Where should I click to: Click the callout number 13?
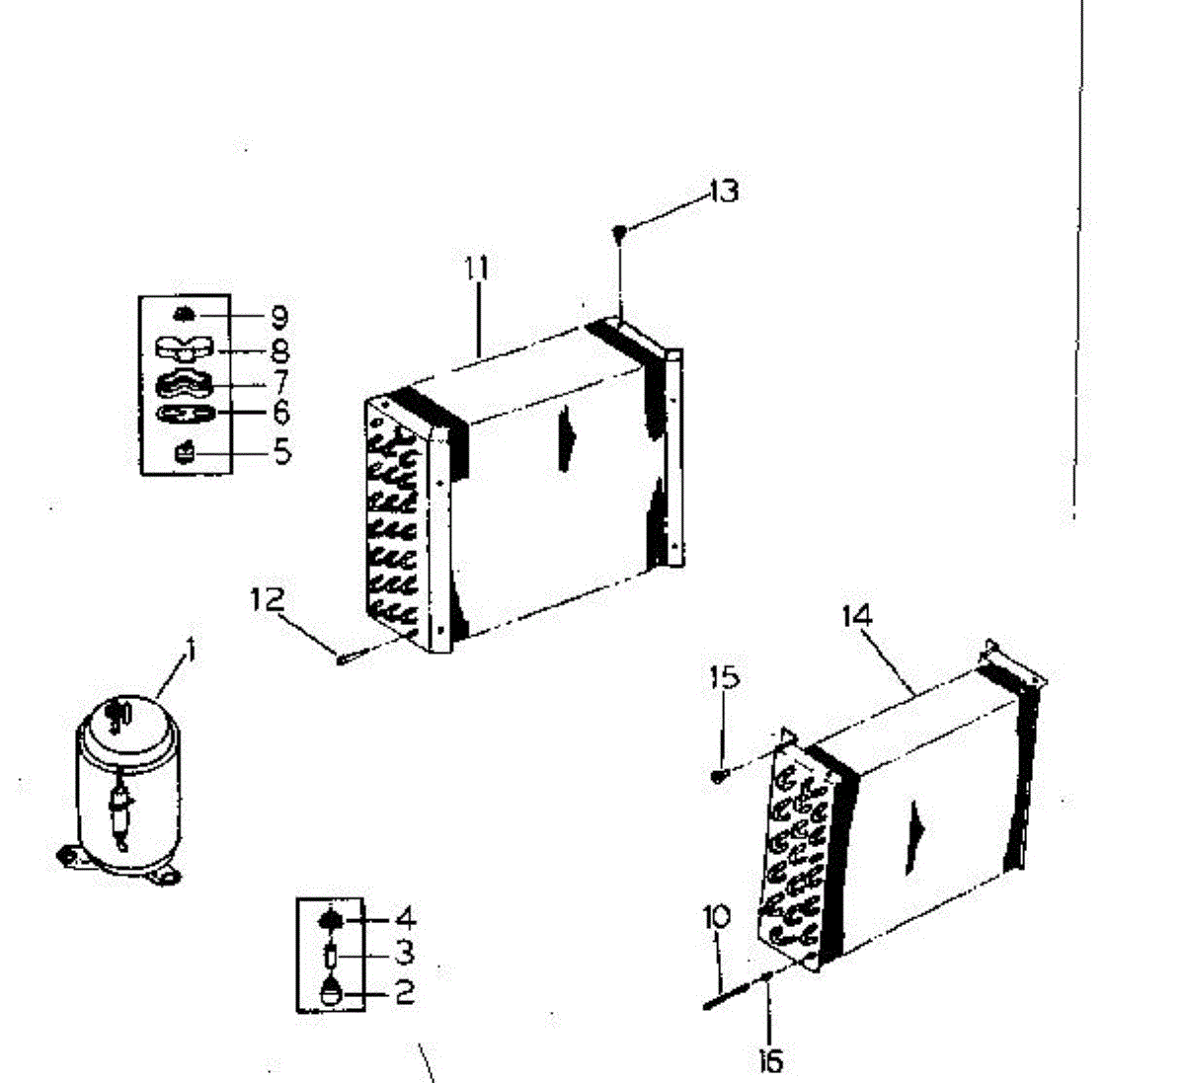click(724, 190)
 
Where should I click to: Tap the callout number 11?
click(478, 268)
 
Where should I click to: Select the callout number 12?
click(267, 599)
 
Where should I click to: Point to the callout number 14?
click(857, 616)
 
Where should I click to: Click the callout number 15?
click(724, 677)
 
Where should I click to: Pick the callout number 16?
click(770, 1060)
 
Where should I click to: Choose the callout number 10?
click(718, 917)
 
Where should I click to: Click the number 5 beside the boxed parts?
click(282, 453)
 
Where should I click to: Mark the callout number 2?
click(405, 992)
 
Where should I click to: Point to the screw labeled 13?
click(619, 233)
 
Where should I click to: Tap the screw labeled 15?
click(719, 777)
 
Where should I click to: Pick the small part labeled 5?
click(185, 453)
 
